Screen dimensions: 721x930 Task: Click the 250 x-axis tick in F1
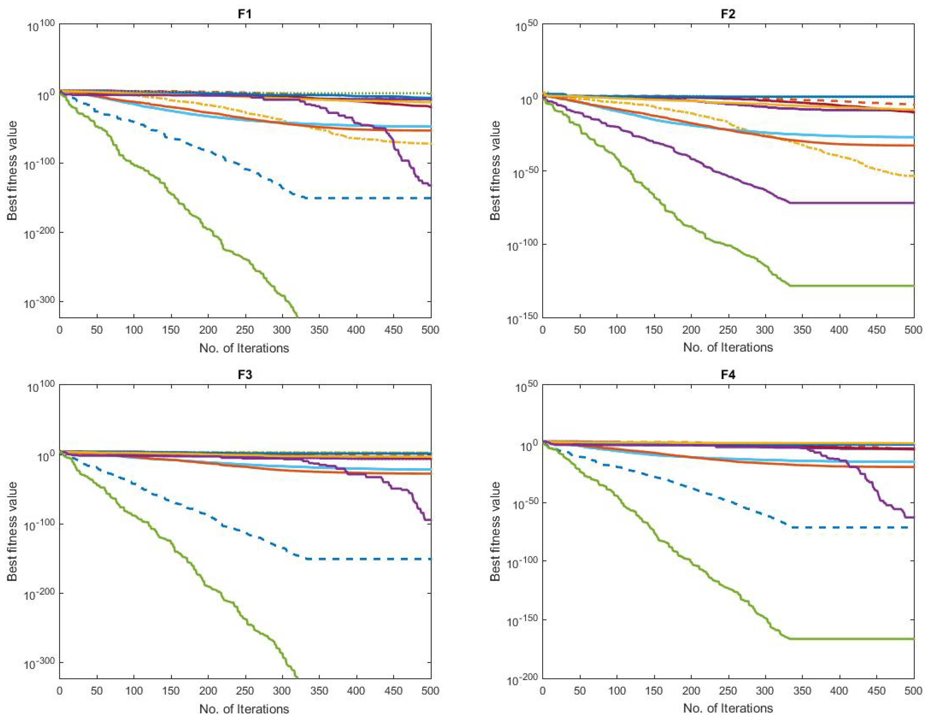click(x=245, y=330)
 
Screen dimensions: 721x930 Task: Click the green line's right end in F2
click(x=913, y=286)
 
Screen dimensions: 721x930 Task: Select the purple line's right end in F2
click(x=913, y=203)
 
